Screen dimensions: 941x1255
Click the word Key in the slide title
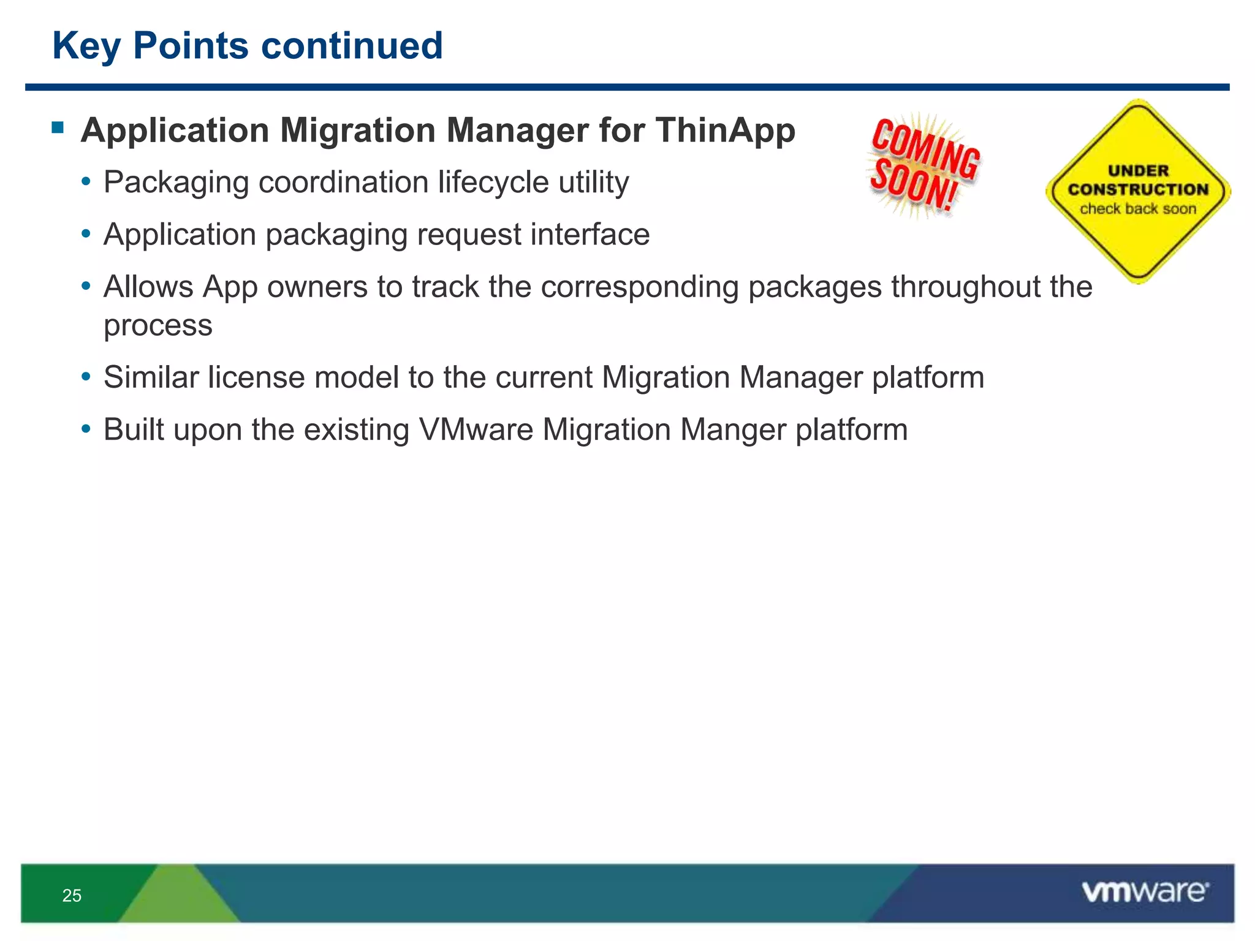click(x=86, y=47)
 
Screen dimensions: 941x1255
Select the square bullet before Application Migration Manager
click(x=58, y=127)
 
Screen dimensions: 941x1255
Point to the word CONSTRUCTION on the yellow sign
click(x=1138, y=190)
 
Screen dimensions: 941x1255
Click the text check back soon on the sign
click(x=1137, y=210)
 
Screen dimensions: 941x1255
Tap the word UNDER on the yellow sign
click(x=1138, y=171)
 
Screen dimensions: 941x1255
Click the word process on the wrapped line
click(x=158, y=325)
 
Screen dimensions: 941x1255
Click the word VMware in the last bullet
click(x=476, y=429)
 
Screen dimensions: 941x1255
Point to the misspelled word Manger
click(x=733, y=429)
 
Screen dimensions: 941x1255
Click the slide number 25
click(x=72, y=896)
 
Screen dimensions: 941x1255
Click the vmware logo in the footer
click(x=1145, y=891)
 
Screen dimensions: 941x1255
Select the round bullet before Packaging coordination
click(x=86, y=182)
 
